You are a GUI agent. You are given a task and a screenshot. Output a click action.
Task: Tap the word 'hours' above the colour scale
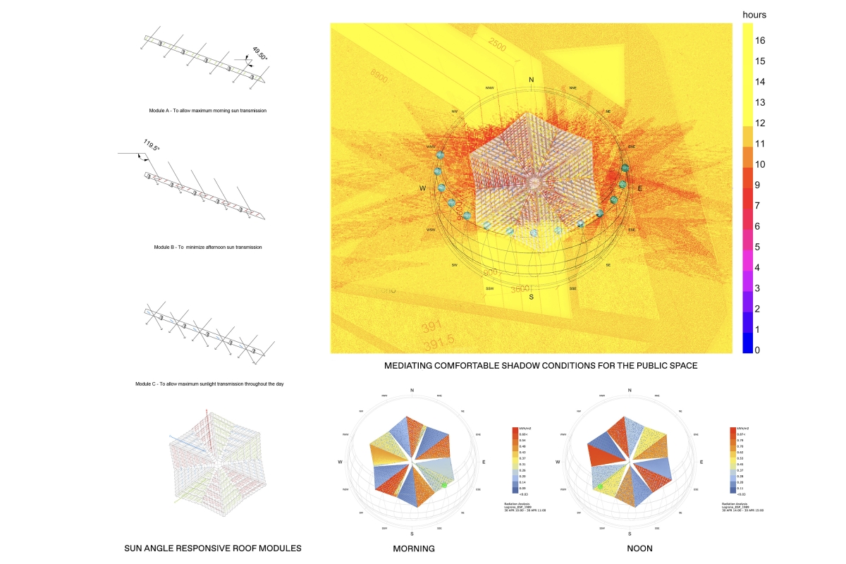tap(754, 14)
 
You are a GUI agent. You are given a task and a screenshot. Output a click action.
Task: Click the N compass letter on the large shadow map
tap(531, 80)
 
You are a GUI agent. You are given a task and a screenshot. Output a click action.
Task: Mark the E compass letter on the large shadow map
tap(639, 189)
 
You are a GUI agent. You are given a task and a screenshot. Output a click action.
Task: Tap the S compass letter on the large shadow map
tap(532, 298)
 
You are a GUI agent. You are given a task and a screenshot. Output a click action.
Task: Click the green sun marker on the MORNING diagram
tap(445, 484)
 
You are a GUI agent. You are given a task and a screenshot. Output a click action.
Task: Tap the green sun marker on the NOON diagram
tap(599, 486)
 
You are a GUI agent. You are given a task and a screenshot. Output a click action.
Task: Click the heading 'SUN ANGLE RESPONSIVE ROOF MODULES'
tap(213, 548)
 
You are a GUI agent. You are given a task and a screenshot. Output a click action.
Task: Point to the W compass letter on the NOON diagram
tap(558, 462)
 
